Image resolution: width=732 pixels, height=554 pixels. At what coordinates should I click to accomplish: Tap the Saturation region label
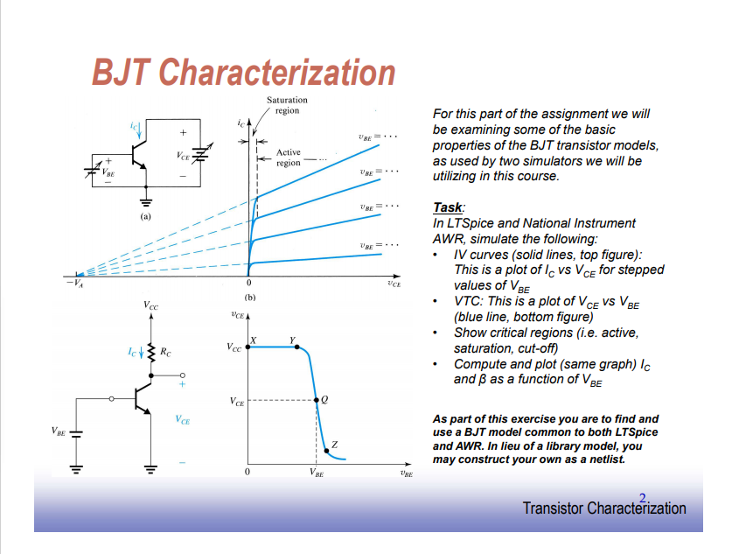(287, 106)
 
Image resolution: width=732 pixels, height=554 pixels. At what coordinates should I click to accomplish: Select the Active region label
(289, 158)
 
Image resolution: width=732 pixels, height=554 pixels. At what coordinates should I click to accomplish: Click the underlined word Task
(448, 208)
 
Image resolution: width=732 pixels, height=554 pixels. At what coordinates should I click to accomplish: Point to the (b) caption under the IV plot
(249, 298)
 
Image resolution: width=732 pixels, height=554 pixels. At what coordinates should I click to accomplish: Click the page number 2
(643, 499)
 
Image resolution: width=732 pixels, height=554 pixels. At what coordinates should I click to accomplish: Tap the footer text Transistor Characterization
(603, 508)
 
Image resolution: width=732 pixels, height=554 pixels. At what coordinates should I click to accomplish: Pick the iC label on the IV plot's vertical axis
(240, 123)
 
